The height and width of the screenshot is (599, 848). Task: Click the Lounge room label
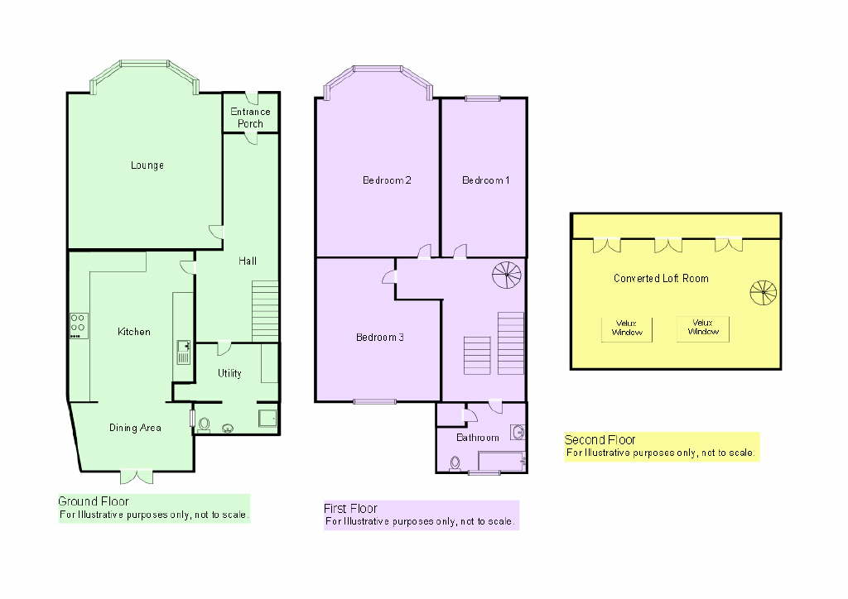(x=147, y=165)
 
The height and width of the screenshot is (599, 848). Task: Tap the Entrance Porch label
(x=250, y=117)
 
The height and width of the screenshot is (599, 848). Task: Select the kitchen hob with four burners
(x=79, y=326)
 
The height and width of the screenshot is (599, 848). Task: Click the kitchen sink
(x=183, y=352)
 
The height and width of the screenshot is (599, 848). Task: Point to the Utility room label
(x=229, y=373)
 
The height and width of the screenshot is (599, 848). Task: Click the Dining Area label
(x=135, y=428)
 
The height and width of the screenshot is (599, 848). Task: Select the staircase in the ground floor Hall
(x=265, y=311)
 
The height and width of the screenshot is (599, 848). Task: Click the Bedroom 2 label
(x=387, y=180)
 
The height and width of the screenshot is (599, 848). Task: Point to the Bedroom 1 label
(x=485, y=180)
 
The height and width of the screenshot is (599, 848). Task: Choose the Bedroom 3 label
(x=379, y=338)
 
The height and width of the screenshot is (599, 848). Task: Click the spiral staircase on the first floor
(x=507, y=275)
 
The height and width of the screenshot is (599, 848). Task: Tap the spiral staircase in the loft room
(x=763, y=293)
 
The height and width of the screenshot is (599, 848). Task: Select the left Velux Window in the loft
(x=627, y=329)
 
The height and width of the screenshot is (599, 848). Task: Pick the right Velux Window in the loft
(x=703, y=328)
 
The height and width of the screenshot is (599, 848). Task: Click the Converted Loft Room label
(x=661, y=279)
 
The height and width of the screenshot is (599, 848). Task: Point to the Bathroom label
(x=478, y=438)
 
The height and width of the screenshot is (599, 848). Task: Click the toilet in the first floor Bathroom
(x=455, y=464)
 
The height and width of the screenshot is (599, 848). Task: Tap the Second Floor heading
(x=600, y=439)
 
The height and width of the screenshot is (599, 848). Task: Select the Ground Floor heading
(x=93, y=501)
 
